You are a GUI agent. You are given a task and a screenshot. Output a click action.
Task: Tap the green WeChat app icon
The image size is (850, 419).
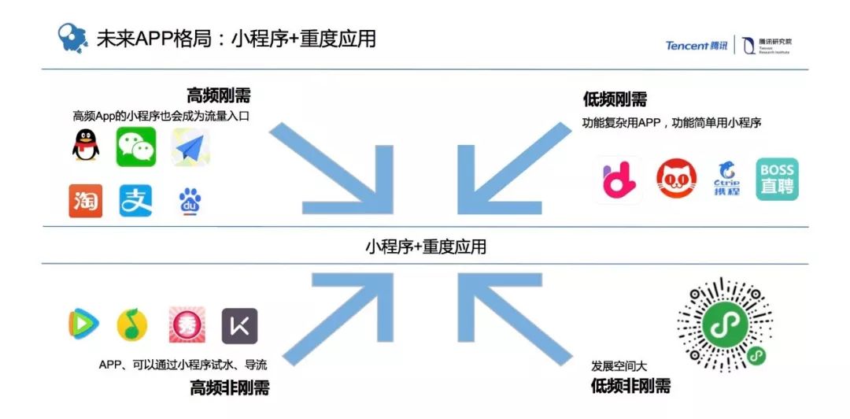(136, 147)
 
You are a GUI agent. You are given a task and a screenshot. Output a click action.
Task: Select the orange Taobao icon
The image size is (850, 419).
(85, 201)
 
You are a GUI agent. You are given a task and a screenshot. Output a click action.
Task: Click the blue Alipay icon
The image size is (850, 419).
(136, 201)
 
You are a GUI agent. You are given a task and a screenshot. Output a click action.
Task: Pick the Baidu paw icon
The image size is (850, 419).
(189, 202)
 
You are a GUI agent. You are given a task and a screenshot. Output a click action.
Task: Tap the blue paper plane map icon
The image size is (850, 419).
(190, 147)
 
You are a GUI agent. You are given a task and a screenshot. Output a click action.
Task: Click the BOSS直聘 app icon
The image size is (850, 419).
(777, 180)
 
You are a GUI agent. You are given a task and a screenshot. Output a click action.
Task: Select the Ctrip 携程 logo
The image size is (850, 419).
(726, 180)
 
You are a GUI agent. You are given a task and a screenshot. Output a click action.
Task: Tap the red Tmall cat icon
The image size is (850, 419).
(676, 180)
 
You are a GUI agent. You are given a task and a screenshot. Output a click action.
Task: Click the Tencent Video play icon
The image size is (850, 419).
(84, 324)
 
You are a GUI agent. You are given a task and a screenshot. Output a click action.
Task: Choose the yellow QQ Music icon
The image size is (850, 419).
(132, 324)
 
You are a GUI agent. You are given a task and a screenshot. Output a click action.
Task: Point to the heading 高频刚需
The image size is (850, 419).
(219, 96)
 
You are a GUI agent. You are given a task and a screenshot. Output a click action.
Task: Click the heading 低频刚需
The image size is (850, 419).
(615, 99)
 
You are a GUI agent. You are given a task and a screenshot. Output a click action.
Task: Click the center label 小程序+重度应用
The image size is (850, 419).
(425, 247)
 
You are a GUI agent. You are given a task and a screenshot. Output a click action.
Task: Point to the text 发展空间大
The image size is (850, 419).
(619, 366)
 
